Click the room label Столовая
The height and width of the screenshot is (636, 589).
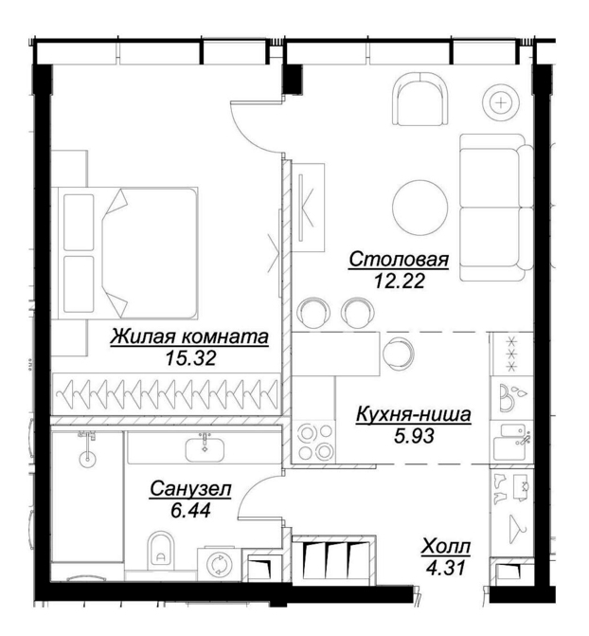tap(399, 260)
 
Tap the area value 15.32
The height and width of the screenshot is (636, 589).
tap(190, 357)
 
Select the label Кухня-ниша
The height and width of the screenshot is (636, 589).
tap(414, 415)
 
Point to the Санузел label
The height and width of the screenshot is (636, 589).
tap(190, 489)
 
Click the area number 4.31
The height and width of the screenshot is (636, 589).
tap(445, 568)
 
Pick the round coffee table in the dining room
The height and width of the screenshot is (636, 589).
tap(419, 205)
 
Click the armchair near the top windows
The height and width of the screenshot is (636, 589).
tap(421, 99)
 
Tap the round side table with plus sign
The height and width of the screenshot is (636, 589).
tap(502, 102)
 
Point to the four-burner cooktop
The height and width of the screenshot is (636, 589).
tap(313, 442)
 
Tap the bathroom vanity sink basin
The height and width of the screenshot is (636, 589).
tap(205, 450)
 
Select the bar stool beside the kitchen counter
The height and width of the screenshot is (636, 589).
tap(399, 354)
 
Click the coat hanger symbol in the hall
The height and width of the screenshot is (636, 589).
tap(518, 523)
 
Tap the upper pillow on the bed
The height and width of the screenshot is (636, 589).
tap(79, 223)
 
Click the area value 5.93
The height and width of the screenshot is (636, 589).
tap(414, 436)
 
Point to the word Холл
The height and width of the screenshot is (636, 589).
tap(446, 546)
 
